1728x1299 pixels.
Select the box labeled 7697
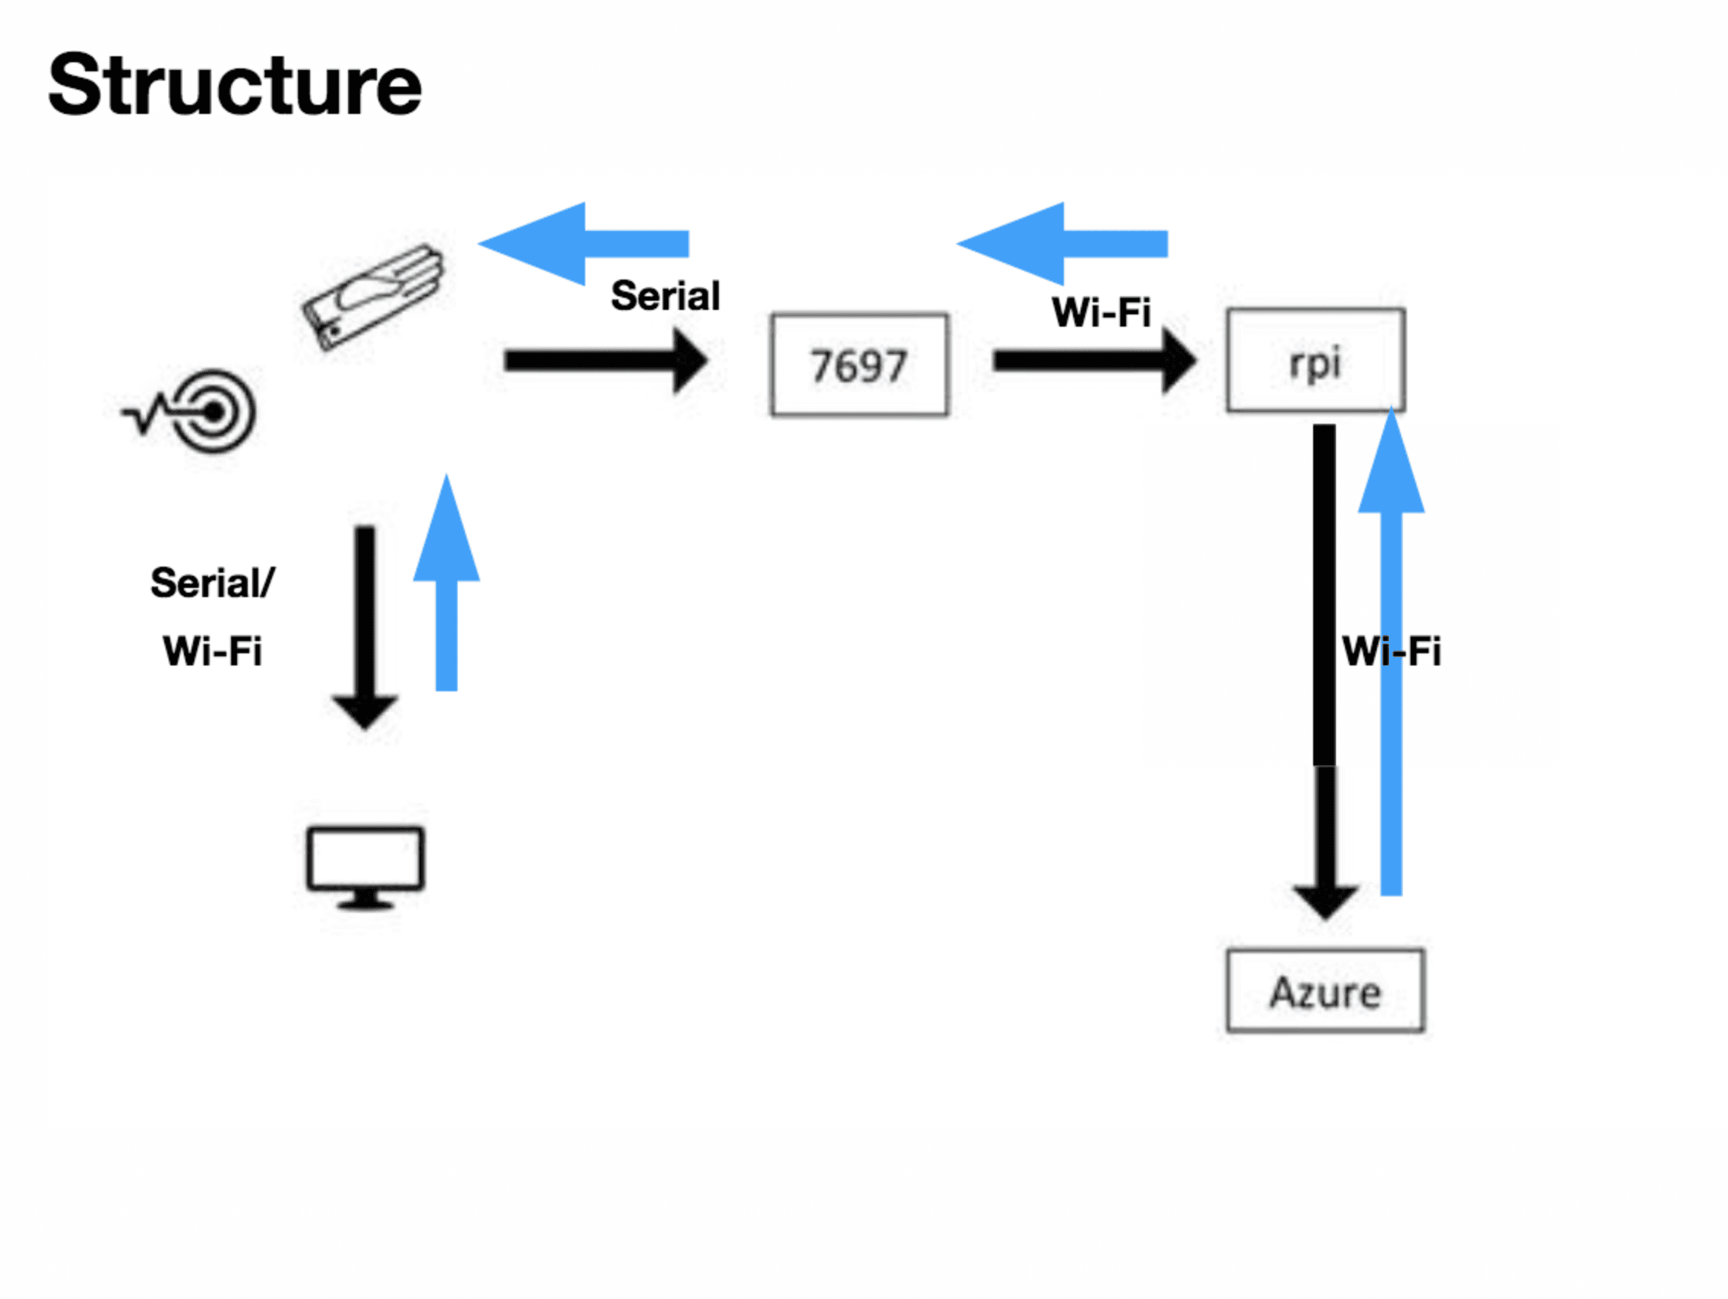(859, 365)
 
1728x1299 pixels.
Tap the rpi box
(1315, 360)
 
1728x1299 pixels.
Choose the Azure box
(1325, 991)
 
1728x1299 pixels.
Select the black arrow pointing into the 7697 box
(606, 360)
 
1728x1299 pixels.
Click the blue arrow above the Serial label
(584, 244)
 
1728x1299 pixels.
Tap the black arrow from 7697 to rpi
(1093, 360)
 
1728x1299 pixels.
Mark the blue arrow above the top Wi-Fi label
(1062, 244)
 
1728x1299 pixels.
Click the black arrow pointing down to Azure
(1325, 672)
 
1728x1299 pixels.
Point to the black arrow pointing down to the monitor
(365, 625)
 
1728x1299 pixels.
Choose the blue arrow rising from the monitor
(446, 586)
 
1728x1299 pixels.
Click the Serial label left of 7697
(666, 296)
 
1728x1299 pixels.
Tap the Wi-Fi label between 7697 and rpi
(1102, 312)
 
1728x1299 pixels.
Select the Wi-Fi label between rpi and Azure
(1391, 651)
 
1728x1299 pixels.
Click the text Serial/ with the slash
(213, 583)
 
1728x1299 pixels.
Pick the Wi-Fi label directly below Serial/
(213, 651)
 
